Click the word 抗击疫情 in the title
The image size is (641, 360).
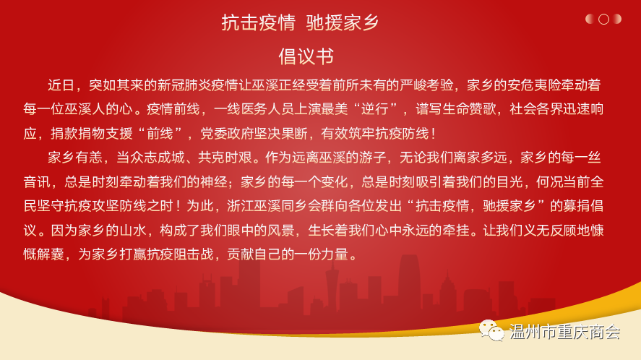(259, 22)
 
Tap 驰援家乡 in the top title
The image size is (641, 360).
(343, 22)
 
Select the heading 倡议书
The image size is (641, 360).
(306, 56)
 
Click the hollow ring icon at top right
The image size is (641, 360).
(603, 20)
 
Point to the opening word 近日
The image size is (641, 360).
(61, 85)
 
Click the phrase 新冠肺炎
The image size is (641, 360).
(184, 85)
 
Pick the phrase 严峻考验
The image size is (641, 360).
(427, 85)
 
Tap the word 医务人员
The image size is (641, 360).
(268, 109)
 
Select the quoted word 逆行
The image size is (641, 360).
(374, 109)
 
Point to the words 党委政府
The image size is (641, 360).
(228, 133)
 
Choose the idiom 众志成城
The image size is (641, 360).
(158, 158)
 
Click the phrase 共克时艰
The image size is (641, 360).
(225, 158)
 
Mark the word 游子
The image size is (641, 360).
(373, 158)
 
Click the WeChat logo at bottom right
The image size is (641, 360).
(491, 330)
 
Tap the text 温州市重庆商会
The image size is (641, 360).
(565, 332)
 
